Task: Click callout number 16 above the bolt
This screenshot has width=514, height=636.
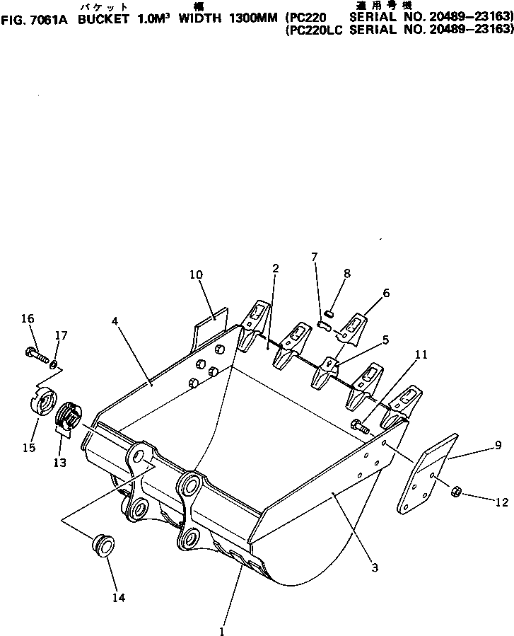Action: point(28,319)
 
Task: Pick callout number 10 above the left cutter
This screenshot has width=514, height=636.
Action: point(196,274)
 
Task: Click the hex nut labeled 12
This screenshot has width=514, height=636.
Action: point(456,490)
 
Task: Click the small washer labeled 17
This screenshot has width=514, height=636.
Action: point(54,363)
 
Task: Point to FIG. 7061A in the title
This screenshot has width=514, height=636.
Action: point(35,19)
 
